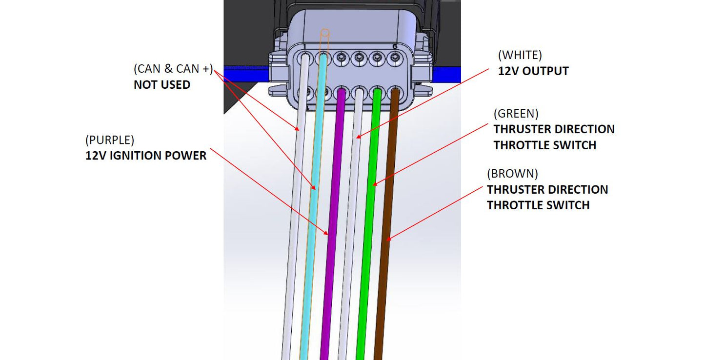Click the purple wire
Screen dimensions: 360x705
tap(333, 205)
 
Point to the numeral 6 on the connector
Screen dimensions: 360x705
tap(395, 46)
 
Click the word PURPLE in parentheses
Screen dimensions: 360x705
tap(109, 140)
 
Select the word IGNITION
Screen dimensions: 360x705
tap(140, 156)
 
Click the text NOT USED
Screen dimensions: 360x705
tap(162, 85)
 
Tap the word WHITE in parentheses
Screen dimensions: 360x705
tap(520, 55)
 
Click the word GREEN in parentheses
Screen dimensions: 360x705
tap(516, 114)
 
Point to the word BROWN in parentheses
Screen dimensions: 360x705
tap(512, 173)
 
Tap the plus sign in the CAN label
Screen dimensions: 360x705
tap(206, 69)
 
